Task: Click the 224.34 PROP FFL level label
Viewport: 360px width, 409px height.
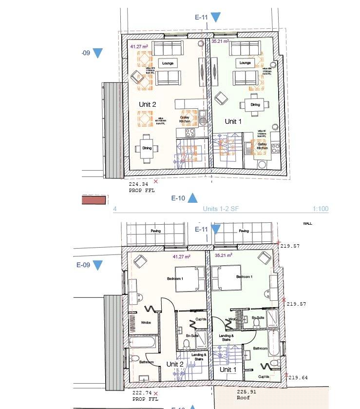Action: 141,187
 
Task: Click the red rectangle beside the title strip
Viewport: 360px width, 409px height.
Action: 94,199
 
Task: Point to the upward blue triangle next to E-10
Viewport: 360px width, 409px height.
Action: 193,197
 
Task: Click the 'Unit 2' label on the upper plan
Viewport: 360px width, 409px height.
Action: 148,104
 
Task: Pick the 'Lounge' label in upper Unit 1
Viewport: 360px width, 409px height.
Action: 245,63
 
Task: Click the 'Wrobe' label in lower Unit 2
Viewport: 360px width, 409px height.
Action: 146,322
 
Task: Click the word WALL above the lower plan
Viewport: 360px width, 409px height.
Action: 308,224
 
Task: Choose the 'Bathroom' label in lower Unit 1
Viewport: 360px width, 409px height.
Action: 261,349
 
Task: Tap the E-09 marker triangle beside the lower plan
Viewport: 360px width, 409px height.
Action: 97,265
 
